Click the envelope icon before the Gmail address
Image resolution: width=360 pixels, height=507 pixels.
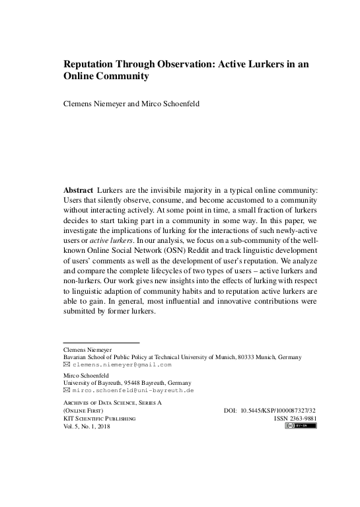[66, 364]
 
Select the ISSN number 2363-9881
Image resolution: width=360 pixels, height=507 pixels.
[302, 418]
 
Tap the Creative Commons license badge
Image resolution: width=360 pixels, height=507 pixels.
[301, 426]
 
